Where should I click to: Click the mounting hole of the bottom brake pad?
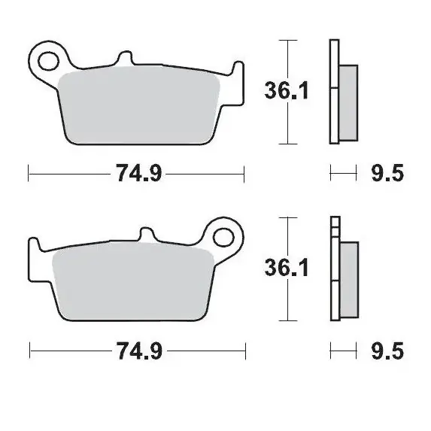[223, 236]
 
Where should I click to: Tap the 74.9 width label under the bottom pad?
[138, 350]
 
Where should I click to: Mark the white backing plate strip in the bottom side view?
[334, 267]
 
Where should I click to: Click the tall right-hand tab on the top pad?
[237, 71]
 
